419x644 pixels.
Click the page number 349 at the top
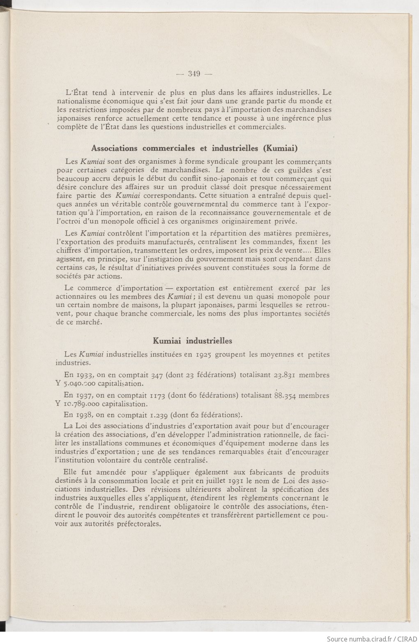pos(193,74)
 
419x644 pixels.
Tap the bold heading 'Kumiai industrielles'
pos(192,341)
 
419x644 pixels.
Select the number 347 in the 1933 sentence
pos(157,375)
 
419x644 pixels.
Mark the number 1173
pos(157,396)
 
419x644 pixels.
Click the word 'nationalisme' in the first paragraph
pos(75,101)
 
